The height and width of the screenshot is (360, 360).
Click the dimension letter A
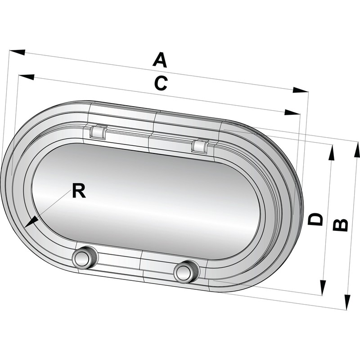point(160,59)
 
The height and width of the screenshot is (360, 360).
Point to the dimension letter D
point(316,219)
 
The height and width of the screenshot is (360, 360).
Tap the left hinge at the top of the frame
point(98,131)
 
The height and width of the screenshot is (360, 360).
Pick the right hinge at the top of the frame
point(199,145)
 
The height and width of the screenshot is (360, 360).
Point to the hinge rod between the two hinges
point(148,137)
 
